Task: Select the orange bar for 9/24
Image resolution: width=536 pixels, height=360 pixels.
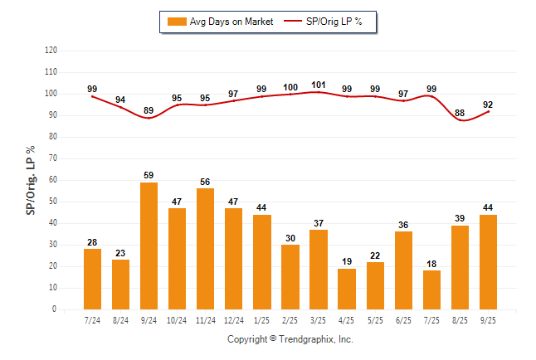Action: pyautogui.click(x=149, y=246)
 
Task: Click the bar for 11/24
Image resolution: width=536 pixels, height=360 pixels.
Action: pyautogui.click(x=205, y=249)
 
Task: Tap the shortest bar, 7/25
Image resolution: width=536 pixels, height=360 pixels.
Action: pyautogui.click(x=431, y=289)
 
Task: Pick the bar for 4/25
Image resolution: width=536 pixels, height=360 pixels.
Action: pyautogui.click(x=347, y=289)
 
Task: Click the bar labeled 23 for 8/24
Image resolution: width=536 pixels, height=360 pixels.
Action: pyautogui.click(x=120, y=285)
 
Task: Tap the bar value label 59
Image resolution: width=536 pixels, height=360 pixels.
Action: pyautogui.click(x=149, y=174)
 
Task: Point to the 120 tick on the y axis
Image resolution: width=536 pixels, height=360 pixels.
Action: pyautogui.click(x=51, y=50)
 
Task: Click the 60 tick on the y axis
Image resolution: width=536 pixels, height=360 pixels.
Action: pyautogui.click(x=52, y=180)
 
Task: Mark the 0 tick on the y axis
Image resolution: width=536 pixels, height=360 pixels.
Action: pyautogui.click(x=54, y=309)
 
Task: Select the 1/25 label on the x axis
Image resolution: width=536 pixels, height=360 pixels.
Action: pyautogui.click(x=261, y=320)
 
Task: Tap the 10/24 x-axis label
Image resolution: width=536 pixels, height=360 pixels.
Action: pyautogui.click(x=177, y=320)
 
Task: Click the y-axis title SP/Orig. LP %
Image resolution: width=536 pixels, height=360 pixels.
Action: pyautogui.click(x=31, y=179)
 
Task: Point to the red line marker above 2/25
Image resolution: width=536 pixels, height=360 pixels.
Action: pyautogui.click(x=290, y=94)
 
